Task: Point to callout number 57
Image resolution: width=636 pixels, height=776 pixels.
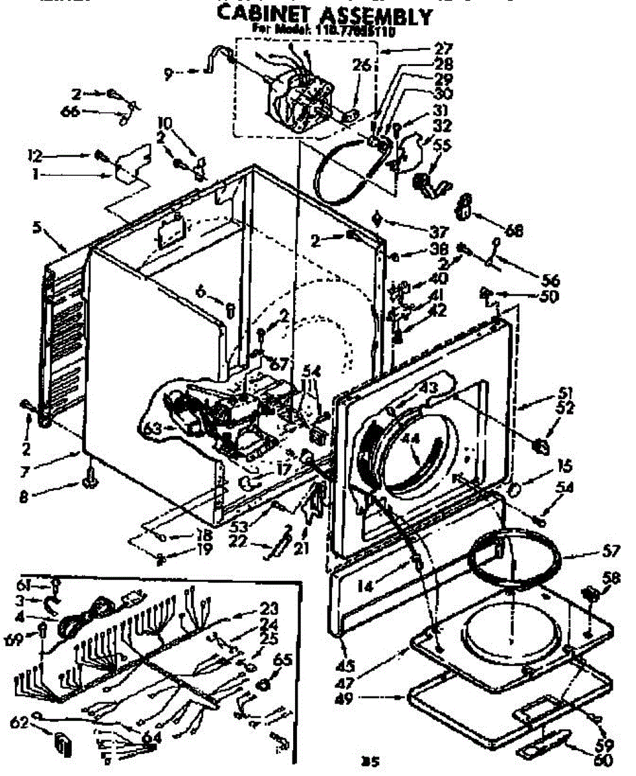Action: (610, 552)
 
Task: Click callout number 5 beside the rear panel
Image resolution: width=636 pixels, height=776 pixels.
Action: (37, 228)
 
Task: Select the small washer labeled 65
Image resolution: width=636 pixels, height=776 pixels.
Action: (264, 683)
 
